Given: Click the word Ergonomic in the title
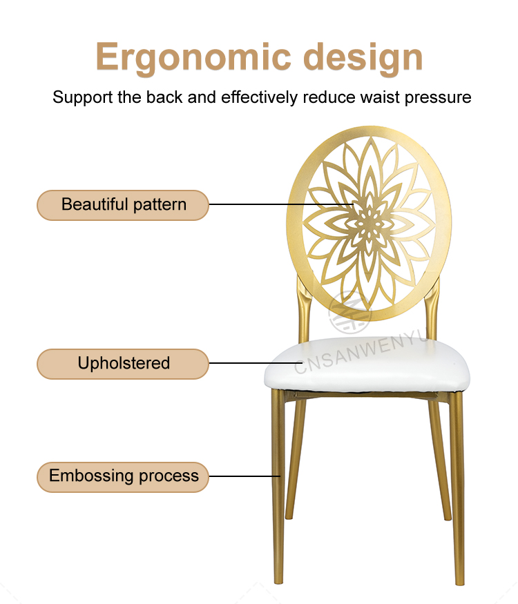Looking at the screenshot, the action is (193, 58).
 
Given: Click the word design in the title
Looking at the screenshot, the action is (363, 58).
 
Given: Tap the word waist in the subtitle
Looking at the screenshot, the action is (380, 97).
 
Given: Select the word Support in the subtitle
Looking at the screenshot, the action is (83, 98).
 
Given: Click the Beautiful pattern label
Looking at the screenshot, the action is (123, 205).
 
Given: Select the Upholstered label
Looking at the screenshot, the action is (123, 364).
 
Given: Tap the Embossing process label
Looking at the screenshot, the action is (123, 476).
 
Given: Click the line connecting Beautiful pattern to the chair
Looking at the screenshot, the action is (281, 204).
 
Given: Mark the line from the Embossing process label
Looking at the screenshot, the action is (244, 476).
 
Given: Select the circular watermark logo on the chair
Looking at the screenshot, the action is (349, 312).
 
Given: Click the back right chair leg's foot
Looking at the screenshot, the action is (447, 516).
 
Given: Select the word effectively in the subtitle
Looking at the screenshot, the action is (260, 98).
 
